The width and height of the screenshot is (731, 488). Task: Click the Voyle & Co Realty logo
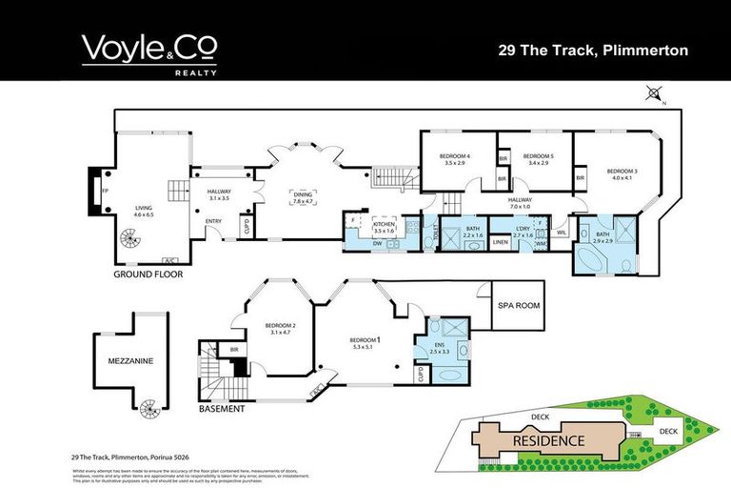(148, 52)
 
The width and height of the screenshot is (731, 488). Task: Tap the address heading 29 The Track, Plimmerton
(593, 51)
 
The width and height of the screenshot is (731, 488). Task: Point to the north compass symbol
(653, 93)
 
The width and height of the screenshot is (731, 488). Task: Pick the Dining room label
(304, 197)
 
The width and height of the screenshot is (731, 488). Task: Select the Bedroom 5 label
(539, 158)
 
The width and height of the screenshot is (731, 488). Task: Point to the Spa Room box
(518, 305)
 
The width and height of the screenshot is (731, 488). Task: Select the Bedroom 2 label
(281, 329)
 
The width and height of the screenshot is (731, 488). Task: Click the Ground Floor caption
(148, 274)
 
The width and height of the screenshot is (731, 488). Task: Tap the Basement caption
(222, 409)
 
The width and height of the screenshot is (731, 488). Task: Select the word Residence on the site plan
(548, 441)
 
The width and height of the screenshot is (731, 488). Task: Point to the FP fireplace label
(104, 190)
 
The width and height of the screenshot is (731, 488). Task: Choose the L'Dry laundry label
(524, 229)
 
